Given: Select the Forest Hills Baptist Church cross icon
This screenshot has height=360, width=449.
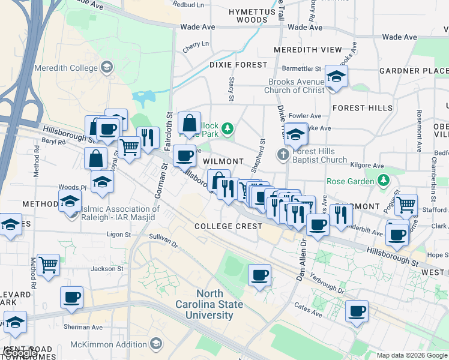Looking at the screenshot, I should (283, 155).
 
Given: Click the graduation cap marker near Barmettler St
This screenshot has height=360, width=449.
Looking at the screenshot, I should (336, 77).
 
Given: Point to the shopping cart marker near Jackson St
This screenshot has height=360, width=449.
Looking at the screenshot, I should (48, 265).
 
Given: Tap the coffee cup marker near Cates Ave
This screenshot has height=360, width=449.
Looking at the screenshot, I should (357, 311).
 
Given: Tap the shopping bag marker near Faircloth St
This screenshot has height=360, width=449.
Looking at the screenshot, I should (190, 124).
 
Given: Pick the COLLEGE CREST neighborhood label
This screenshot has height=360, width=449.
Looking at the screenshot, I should (228, 226).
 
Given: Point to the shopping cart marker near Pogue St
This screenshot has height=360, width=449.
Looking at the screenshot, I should (406, 205).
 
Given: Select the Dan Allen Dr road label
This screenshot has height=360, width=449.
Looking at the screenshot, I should (302, 258).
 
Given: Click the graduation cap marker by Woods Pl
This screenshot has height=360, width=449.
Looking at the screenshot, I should (102, 182).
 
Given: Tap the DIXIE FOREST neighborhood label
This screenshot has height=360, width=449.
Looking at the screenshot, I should (238, 65).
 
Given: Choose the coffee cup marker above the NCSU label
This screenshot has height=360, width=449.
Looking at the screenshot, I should (259, 276).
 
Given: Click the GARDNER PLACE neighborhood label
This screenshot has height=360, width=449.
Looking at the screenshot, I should (414, 71).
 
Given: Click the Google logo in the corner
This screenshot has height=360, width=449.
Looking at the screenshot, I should (22, 353).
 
